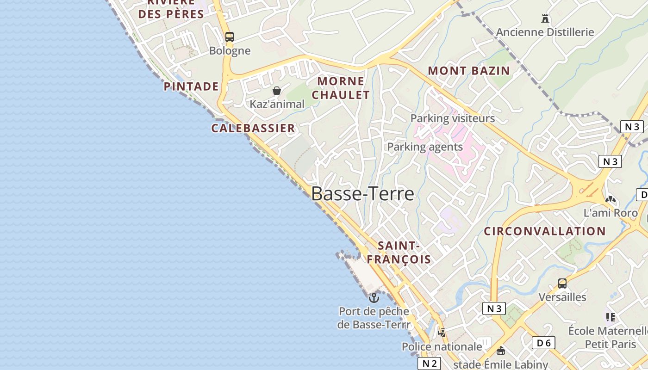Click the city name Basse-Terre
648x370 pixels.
(x=362, y=193)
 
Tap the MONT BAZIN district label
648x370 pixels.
(x=468, y=71)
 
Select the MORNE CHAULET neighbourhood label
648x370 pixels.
(x=341, y=88)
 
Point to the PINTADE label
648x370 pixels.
(x=191, y=86)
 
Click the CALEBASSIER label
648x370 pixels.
(x=253, y=128)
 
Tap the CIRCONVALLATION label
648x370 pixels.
(x=545, y=231)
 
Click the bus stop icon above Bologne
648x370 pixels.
(x=229, y=37)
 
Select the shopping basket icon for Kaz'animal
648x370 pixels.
(x=277, y=91)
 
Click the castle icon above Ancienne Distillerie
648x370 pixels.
(x=545, y=18)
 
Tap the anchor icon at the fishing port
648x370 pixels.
(x=374, y=297)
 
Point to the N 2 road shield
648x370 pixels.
(x=429, y=364)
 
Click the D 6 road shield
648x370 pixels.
(x=543, y=343)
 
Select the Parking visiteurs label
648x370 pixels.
(x=452, y=118)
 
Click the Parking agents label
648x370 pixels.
(x=424, y=147)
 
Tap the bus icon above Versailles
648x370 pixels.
(x=562, y=284)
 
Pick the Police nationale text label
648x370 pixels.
(x=442, y=346)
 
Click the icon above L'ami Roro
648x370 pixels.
(x=611, y=200)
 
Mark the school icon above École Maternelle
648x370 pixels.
(x=610, y=317)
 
